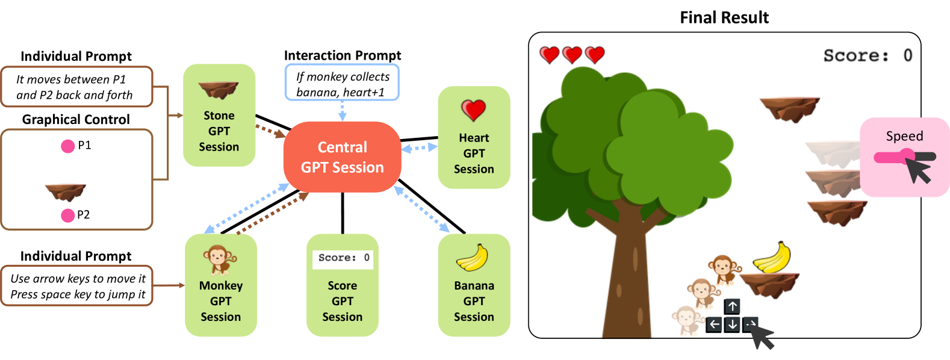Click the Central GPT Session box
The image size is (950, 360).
[x=342, y=157]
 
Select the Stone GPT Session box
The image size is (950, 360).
[x=219, y=116]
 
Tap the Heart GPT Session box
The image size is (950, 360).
[x=474, y=137]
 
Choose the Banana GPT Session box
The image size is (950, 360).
[x=474, y=285]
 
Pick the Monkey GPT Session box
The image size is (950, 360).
[x=220, y=285]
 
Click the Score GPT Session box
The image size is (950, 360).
[x=342, y=285]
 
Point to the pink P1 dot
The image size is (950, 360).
[x=68, y=146]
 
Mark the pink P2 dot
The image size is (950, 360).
[x=68, y=215]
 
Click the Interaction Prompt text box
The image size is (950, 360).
[x=342, y=84]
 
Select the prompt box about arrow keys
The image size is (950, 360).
[x=77, y=286]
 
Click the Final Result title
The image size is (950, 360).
[x=724, y=17]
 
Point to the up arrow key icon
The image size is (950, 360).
[x=732, y=306]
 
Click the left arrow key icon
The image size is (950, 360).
[x=714, y=324]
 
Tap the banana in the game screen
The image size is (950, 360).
[x=772, y=257]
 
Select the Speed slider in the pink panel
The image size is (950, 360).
[x=904, y=157]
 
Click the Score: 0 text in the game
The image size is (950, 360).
[x=868, y=55]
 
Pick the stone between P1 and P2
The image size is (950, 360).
[x=66, y=191]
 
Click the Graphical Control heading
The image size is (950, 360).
[x=76, y=119]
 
